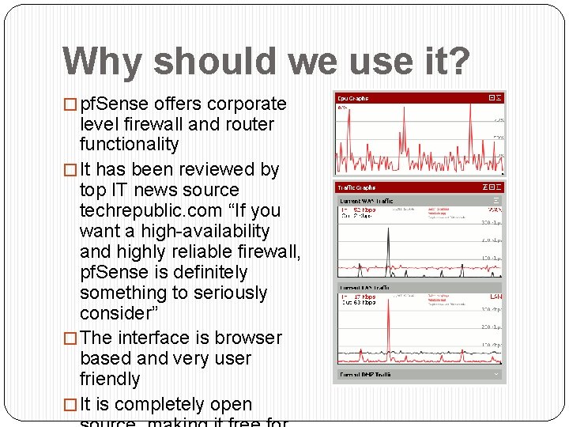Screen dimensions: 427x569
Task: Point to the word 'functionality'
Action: click(x=129, y=145)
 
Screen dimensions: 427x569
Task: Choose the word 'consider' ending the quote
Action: click(x=117, y=313)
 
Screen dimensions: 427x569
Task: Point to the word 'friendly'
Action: click(x=110, y=379)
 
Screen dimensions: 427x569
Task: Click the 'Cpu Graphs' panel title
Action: click(x=353, y=99)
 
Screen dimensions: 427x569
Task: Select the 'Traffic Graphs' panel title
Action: click(x=356, y=188)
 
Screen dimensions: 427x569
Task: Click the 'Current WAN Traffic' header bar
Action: click(x=419, y=202)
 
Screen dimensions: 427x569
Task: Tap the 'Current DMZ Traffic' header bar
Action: click(x=419, y=374)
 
